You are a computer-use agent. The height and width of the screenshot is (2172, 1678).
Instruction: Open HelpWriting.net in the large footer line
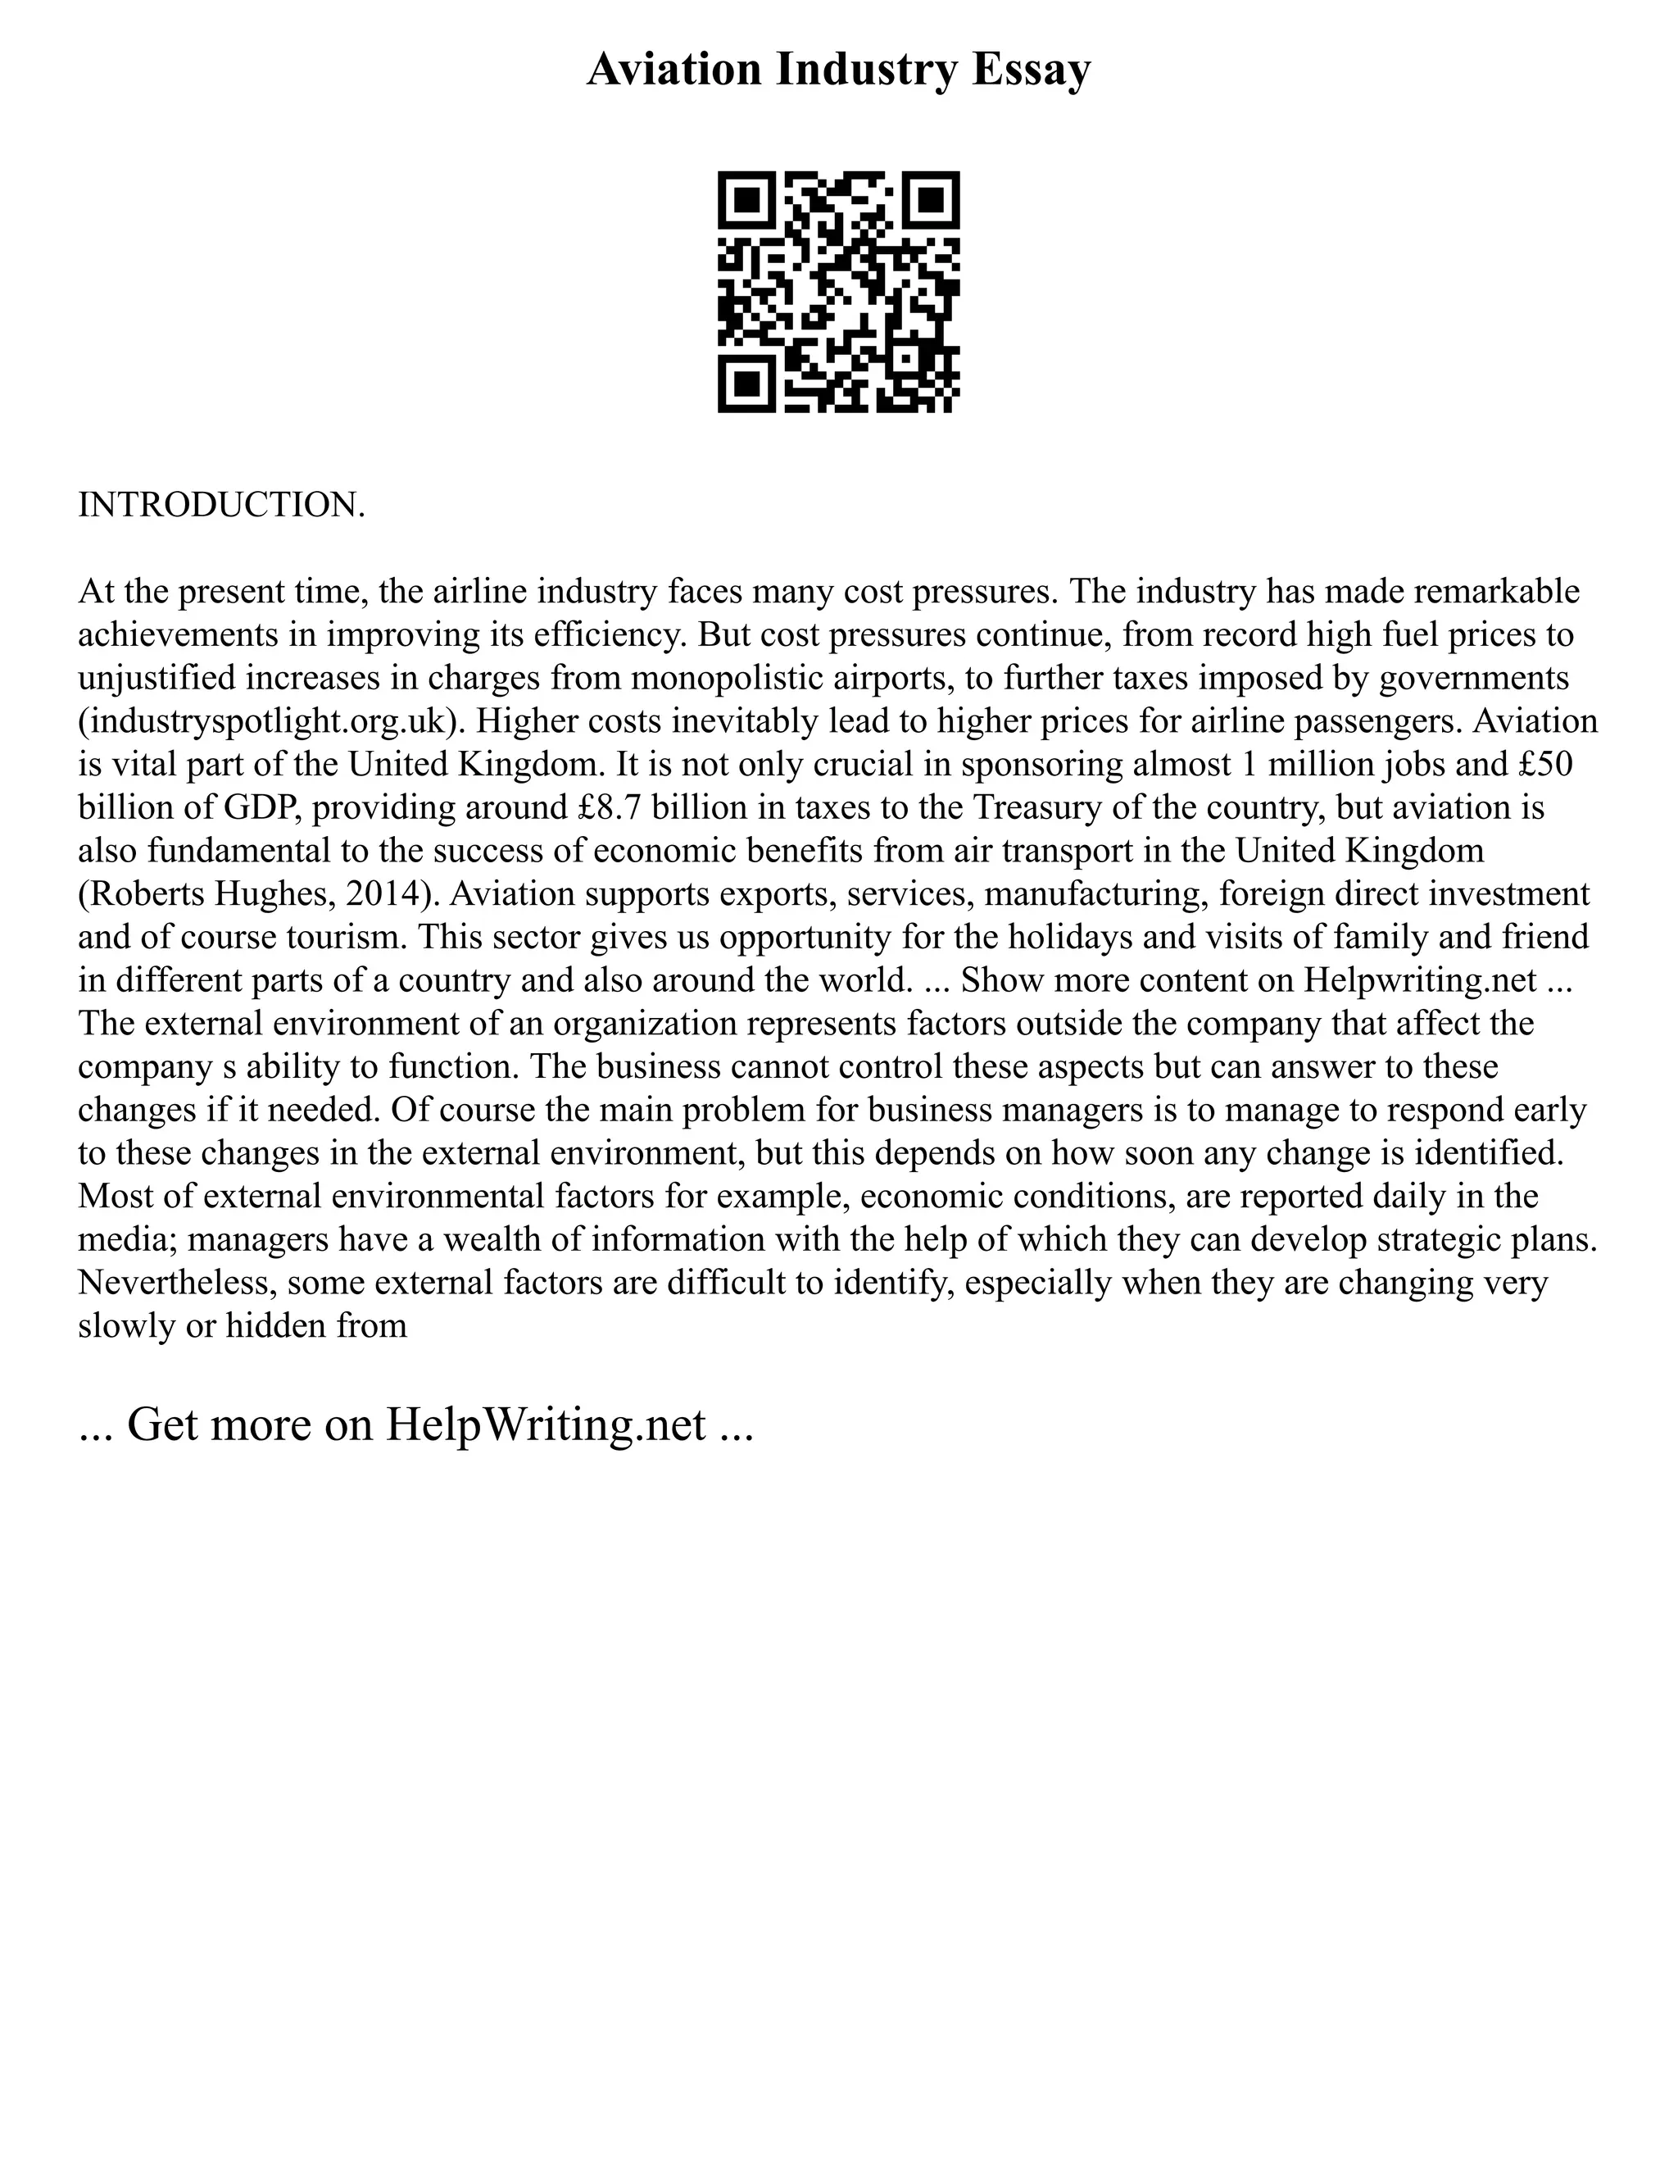click(x=546, y=1425)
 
